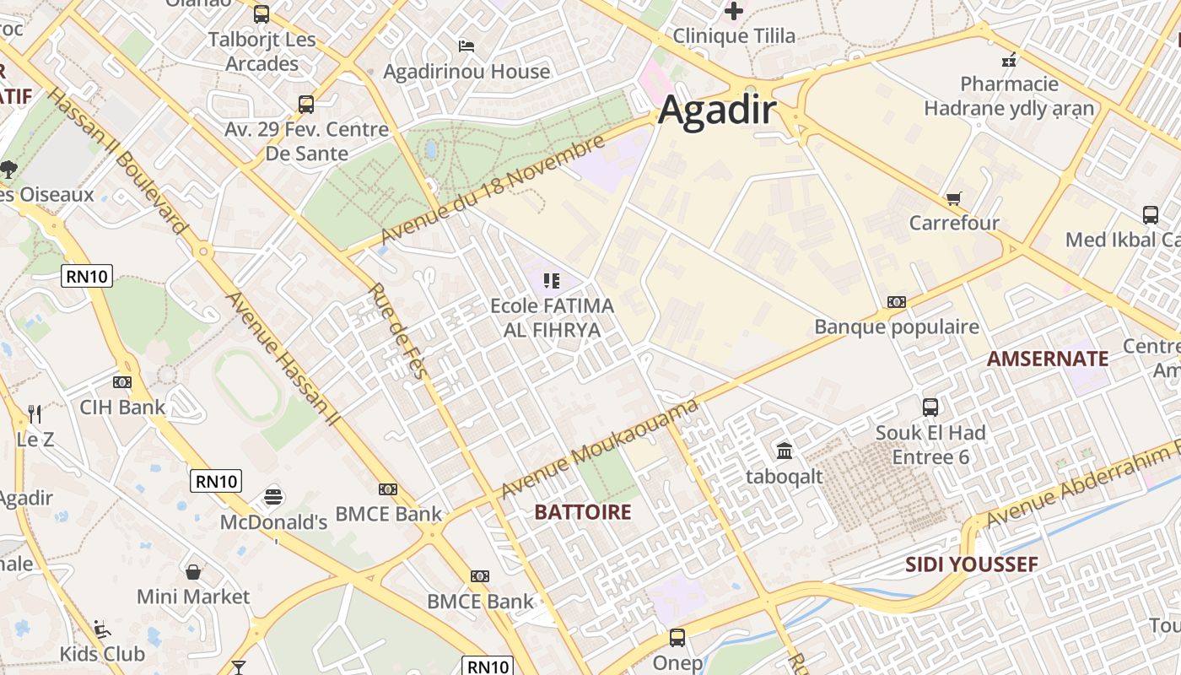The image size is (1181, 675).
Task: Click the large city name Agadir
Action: (716, 111)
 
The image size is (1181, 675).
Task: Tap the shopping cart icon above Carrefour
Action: (953, 199)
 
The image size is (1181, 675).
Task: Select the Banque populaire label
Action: (896, 327)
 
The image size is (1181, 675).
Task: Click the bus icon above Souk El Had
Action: (930, 408)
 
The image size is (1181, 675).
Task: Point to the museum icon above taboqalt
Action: (785, 451)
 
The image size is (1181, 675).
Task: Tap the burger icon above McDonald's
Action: (272, 496)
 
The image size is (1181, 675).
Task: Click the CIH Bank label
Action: (122, 407)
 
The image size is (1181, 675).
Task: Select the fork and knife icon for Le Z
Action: (35, 413)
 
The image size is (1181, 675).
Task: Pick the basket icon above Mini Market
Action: (193, 572)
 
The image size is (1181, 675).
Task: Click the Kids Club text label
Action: (102, 654)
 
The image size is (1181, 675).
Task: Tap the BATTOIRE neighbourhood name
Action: (583, 512)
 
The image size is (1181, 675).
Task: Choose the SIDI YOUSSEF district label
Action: (971, 564)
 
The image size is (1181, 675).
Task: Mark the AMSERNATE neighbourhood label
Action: (1048, 359)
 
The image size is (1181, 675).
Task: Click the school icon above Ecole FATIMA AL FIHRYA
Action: (552, 280)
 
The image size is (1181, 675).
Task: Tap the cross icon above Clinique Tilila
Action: (734, 11)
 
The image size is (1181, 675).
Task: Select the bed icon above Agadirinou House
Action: (466, 46)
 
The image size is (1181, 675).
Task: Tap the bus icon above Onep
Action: (677, 638)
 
